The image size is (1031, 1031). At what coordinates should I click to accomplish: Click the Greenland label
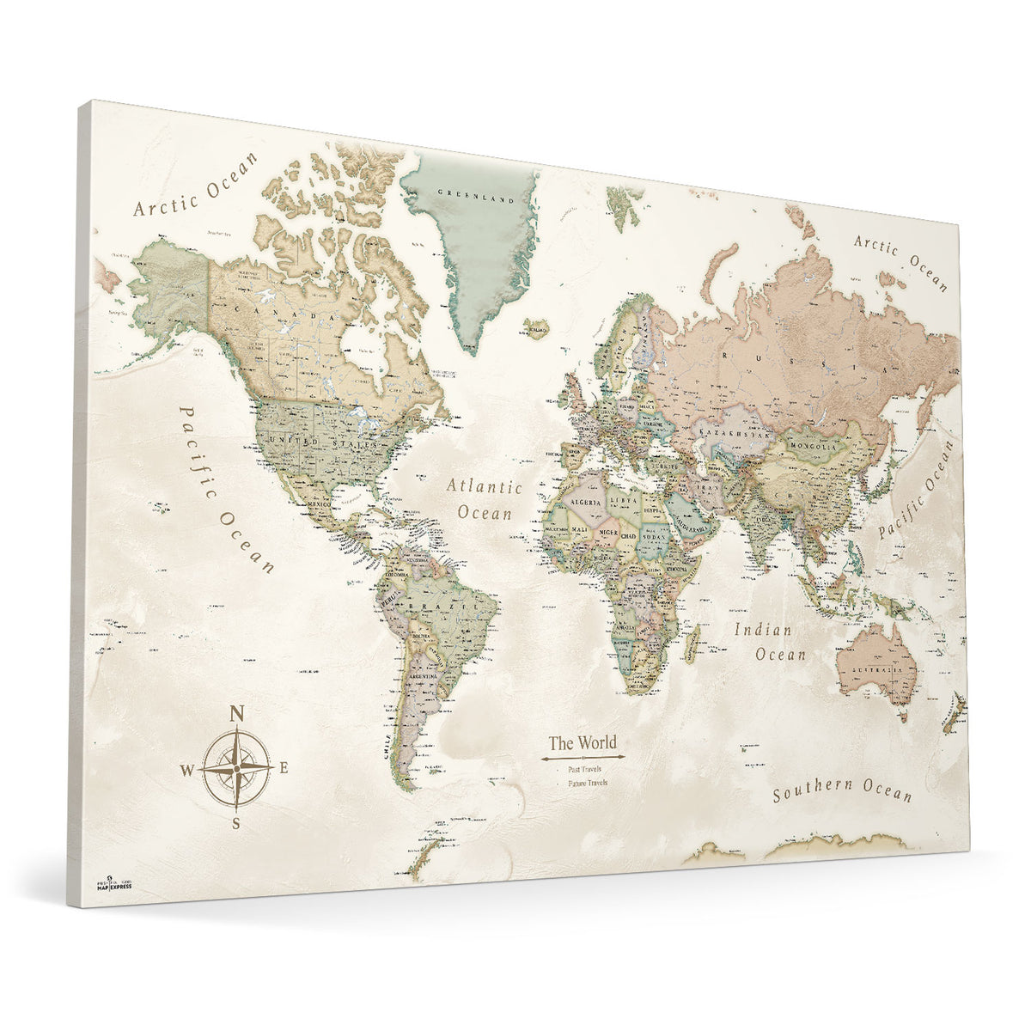point(464,197)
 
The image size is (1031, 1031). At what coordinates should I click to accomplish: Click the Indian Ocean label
point(770,642)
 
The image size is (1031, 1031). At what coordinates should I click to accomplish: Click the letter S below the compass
point(235,823)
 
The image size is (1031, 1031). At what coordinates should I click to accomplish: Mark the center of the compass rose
point(237,766)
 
